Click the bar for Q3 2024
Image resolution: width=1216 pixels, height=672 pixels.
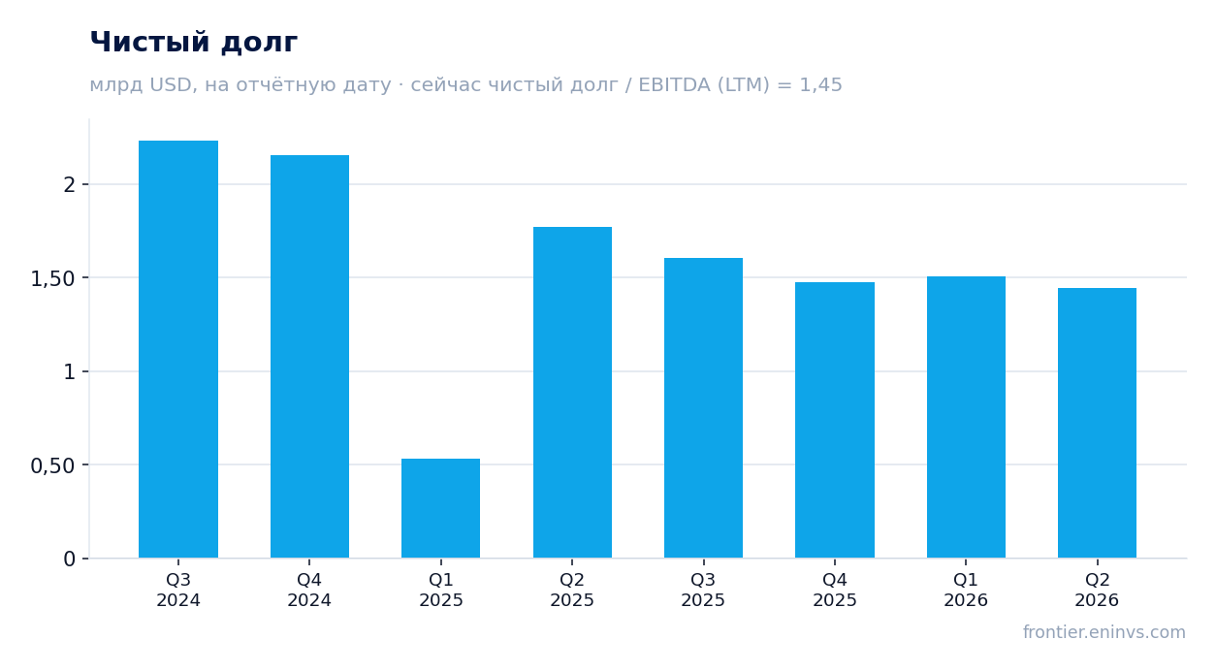[x=178, y=349]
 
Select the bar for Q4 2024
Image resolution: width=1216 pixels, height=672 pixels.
[x=309, y=357]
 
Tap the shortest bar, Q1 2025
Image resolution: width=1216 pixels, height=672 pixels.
[x=441, y=508]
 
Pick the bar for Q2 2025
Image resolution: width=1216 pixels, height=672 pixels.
[x=572, y=393]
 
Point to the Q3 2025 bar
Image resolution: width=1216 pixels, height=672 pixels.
[x=704, y=407]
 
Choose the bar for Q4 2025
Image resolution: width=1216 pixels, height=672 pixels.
[x=835, y=420]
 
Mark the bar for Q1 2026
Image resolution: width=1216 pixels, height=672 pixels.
[x=966, y=417]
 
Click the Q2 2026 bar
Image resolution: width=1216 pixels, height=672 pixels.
[x=1097, y=423]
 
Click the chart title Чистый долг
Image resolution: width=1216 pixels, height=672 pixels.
[x=194, y=43]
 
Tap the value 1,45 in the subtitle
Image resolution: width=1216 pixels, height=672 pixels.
[x=820, y=85]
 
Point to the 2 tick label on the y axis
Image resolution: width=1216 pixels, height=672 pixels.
[x=70, y=185]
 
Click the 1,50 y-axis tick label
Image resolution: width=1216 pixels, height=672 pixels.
[x=52, y=279]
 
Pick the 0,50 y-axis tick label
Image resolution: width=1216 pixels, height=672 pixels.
[x=52, y=465]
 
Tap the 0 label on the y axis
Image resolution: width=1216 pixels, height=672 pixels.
[x=70, y=560]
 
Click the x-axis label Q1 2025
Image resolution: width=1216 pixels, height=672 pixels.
[x=441, y=590]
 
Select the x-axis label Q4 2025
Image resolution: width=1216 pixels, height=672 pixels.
[x=835, y=590]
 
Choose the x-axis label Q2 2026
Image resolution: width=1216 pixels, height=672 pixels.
[x=1097, y=590]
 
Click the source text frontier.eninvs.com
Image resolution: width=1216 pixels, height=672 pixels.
[x=1104, y=632]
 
